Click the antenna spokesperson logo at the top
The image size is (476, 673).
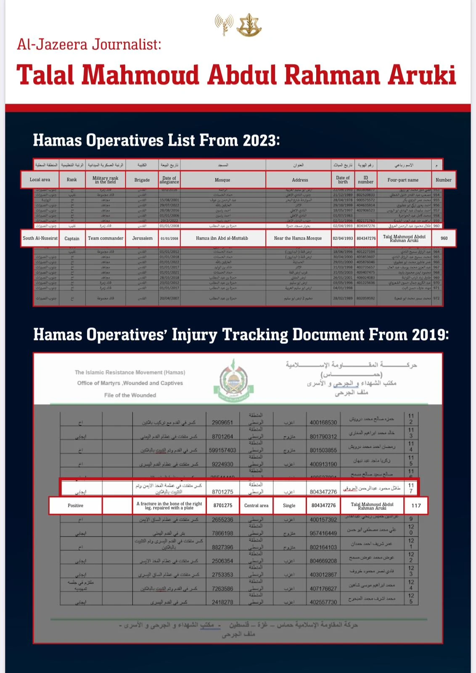tap(224, 25)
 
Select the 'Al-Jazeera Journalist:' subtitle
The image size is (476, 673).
tap(89, 44)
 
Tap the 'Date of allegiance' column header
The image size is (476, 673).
tap(169, 180)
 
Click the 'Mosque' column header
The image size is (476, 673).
tap(222, 180)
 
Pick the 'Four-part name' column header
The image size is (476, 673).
tap(403, 180)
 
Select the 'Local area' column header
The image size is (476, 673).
tap(40, 180)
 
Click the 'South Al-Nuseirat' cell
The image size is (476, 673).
tap(40, 238)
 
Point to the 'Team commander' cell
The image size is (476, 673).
tap(106, 238)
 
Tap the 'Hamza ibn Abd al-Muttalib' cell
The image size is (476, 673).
tap(222, 238)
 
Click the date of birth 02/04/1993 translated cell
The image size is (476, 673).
tap(343, 238)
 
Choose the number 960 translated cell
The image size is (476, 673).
tap(444, 238)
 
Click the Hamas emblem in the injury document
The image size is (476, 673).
tap(230, 381)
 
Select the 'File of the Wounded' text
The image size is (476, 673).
tap(130, 395)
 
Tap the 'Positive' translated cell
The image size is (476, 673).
tap(76, 506)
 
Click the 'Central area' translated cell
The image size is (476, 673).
tap(256, 506)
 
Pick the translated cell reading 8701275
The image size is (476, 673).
tap(223, 506)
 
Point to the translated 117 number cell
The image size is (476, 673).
tap(416, 506)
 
